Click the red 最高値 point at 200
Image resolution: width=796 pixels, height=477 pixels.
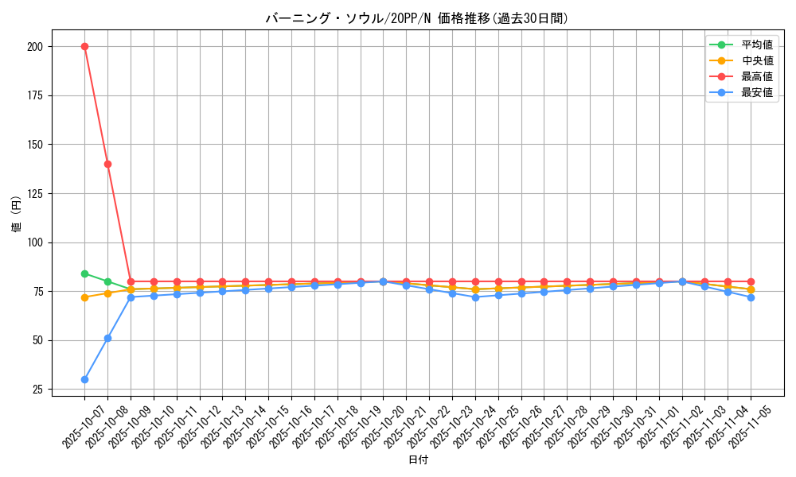click(x=84, y=46)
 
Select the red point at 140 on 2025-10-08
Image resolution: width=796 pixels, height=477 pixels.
click(x=107, y=164)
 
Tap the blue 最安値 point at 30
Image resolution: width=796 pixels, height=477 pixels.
click(x=84, y=379)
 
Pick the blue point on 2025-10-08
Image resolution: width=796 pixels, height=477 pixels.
click(x=107, y=338)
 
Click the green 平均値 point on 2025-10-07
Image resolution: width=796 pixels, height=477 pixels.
click(x=84, y=273)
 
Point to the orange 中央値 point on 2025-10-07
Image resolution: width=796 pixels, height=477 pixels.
click(x=84, y=297)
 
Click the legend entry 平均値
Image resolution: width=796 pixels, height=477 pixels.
click(x=756, y=45)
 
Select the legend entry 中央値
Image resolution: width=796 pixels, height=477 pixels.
click(x=756, y=60)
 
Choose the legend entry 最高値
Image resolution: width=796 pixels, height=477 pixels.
click(x=756, y=76)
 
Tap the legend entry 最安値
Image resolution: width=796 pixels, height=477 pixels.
click(x=756, y=92)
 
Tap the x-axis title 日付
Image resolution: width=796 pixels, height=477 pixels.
click(x=417, y=460)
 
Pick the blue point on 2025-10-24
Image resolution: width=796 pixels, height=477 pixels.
click(x=475, y=297)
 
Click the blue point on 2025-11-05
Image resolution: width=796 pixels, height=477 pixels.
click(x=751, y=297)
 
